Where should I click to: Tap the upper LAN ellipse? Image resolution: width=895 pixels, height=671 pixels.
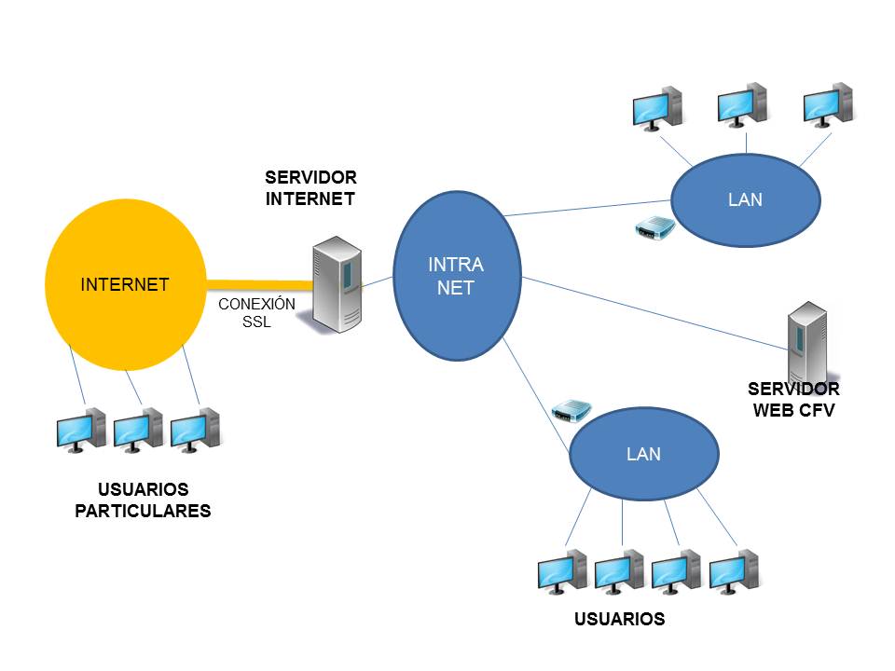[745, 199]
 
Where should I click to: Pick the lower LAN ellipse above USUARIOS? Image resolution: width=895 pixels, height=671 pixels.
[644, 453]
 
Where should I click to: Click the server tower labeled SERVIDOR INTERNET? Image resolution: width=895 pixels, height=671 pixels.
[337, 284]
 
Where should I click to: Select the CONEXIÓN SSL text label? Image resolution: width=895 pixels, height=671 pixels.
[256, 313]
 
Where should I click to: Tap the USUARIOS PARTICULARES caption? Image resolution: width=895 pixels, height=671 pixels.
[143, 500]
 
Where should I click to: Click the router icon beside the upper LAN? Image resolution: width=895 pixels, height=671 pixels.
[654, 229]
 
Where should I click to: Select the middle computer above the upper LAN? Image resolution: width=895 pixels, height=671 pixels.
[742, 104]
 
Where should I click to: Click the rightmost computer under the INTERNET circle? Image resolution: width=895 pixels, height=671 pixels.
[195, 431]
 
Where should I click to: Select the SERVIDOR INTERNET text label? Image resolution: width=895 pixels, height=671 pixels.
[310, 187]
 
